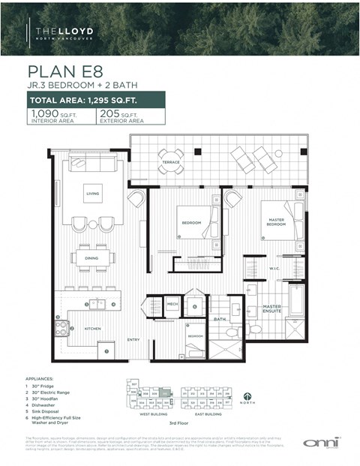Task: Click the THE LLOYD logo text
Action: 65,32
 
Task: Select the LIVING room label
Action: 93,194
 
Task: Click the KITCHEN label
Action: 91,329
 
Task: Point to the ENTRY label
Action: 133,339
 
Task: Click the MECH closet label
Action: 172,304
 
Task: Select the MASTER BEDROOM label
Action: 277,221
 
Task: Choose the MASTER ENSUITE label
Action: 271,308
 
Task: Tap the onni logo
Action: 319,443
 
